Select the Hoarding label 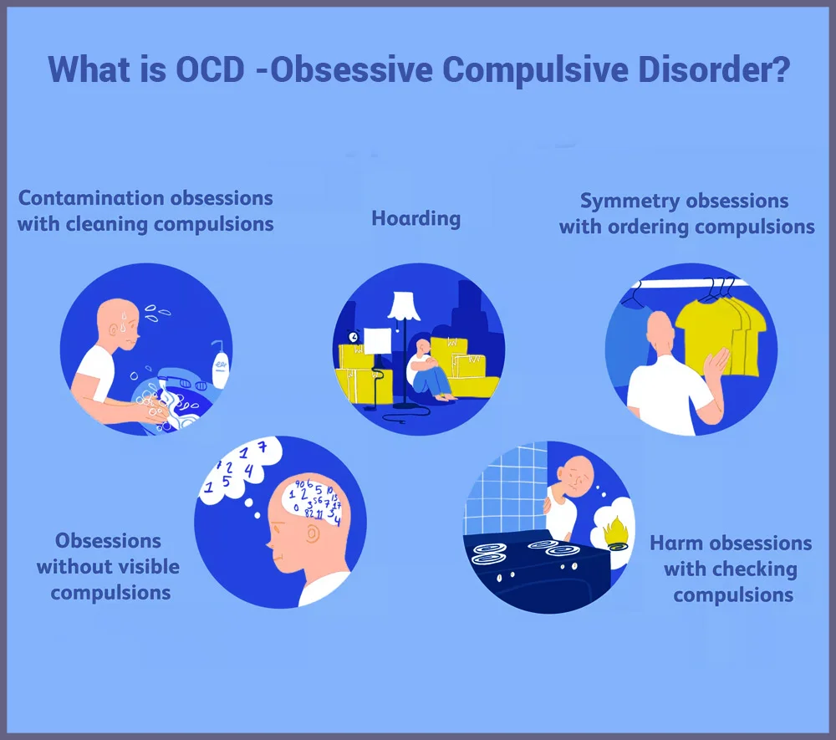click(x=415, y=219)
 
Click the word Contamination click(x=90, y=198)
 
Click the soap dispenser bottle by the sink click(x=220, y=364)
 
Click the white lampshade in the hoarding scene click(x=404, y=306)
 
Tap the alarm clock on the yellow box click(x=353, y=336)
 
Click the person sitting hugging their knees click(x=429, y=370)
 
